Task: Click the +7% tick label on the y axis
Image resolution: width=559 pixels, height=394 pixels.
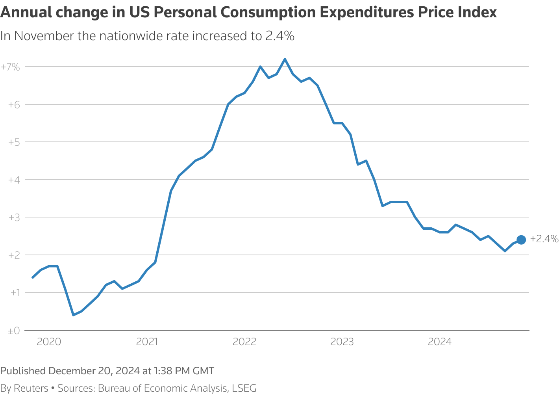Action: click(x=10, y=67)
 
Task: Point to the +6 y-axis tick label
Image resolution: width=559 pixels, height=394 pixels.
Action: click(x=14, y=104)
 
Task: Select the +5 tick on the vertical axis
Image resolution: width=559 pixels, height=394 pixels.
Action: click(x=14, y=142)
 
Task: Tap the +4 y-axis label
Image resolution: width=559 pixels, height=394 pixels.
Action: click(x=14, y=180)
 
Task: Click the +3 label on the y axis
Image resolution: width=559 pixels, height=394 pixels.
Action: click(x=14, y=217)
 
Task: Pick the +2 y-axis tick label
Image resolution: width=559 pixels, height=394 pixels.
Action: click(x=14, y=255)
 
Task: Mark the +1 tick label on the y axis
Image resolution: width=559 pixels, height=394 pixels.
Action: click(x=15, y=293)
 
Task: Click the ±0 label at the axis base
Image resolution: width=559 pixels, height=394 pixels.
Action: click(x=14, y=331)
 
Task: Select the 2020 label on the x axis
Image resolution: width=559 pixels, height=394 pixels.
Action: click(x=49, y=342)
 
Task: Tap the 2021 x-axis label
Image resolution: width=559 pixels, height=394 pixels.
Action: click(x=147, y=342)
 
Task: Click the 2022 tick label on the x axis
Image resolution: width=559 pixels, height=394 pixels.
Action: click(x=244, y=342)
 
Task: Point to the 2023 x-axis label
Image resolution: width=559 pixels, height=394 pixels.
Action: click(x=342, y=342)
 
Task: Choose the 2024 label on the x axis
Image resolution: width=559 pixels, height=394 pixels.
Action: click(x=440, y=342)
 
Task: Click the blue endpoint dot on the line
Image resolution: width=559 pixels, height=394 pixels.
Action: click(x=521, y=240)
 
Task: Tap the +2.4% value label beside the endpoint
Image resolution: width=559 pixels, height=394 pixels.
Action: click(x=544, y=239)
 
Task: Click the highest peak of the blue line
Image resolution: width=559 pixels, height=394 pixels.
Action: click(x=285, y=59)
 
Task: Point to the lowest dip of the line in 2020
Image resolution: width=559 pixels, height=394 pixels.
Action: click(x=73, y=315)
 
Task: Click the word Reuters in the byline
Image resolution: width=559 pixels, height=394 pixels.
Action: click(x=31, y=388)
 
